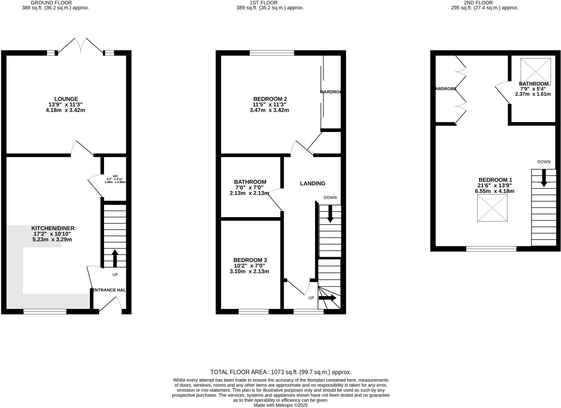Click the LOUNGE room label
click(x=66, y=99)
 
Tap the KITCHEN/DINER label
click(x=53, y=228)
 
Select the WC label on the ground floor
click(x=115, y=176)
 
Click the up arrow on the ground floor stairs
click(x=115, y=258)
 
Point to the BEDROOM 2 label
click(x=270, y=99)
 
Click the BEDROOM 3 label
click(x=250, y=260)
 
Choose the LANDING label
click(x=313, y=184)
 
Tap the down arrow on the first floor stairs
click(x=330, y=214)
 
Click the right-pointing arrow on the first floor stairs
click(x=327, y=298)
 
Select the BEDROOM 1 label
click(x=495, y=180)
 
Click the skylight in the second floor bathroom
click(x=536, y=71)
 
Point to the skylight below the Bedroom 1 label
click(x=492, y=208)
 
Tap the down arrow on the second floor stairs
click(x=544, y=178)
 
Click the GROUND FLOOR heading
click(x=51, y=3)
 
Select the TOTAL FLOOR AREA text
click(x=280, y=372)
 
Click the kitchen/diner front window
click(x=45, y=311)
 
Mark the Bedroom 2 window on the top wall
click(x=272, y=53)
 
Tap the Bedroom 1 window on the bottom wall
click(x=491, y=249)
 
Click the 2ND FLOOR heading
click(x=482, y=3)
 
